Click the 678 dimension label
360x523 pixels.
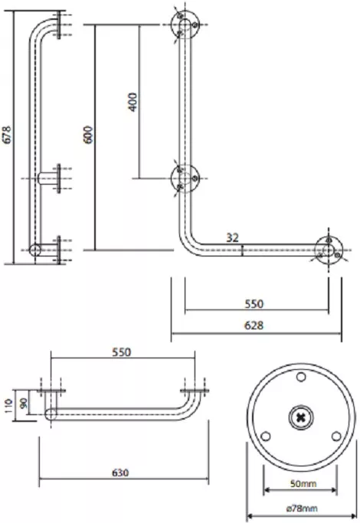[x=7, y=135]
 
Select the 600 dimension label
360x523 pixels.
[x=88, y=135]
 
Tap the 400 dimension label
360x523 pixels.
[x=133, y=102]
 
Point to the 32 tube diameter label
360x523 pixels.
[x=233, y=237]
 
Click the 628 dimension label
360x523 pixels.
[x=254, y=325]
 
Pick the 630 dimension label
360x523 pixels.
[x=119, y=472]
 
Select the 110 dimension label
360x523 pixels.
[x=8, y=406]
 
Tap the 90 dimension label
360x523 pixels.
[x=25, y=403]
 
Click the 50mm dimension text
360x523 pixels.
[x=303, y=483]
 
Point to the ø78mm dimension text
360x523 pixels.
[x=302, y=508]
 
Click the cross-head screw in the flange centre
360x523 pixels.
[x=301, y=417]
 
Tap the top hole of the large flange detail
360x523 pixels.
[x=301, y=377]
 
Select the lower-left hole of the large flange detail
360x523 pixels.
[x=266, y=436]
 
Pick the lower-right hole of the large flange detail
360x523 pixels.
[x=336, y=436]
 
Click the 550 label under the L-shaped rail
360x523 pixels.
[x=254, y=304]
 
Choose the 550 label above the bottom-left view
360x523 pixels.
[x=122, y=352]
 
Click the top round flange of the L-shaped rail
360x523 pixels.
[x=185, y=25]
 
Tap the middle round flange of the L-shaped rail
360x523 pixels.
[x=185, y=178]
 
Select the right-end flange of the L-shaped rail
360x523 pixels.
[x=329, y=250]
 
